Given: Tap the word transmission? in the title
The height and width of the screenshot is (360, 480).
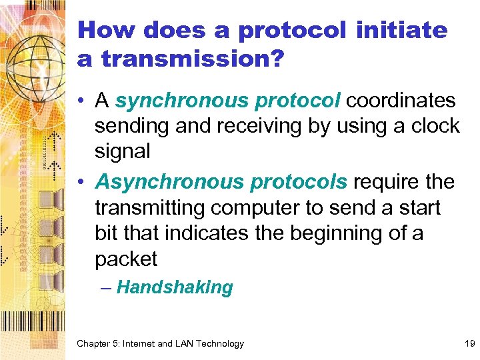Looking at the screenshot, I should (x=193, y=59).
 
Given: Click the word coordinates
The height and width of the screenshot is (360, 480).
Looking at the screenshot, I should (x=401, y=101).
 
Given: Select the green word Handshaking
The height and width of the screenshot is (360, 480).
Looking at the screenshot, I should (x=175, y=288).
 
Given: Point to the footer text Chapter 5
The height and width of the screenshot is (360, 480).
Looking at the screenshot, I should (x=100, y=344).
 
